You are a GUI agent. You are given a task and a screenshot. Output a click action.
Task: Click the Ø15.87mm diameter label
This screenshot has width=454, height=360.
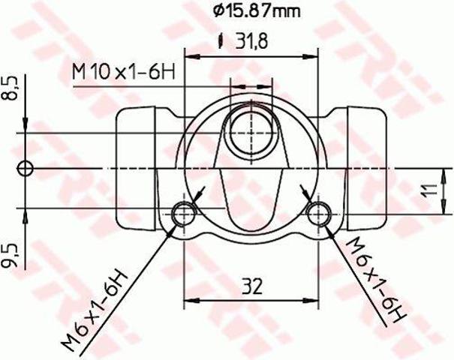(x=257, y=11)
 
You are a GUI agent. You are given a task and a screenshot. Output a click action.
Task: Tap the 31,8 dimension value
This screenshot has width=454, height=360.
(x=251, y=40)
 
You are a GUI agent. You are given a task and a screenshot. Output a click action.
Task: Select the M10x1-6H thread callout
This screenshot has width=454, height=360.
(x=124, y=72)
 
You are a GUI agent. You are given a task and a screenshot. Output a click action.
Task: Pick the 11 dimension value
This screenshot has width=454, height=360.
(x=430, y=190)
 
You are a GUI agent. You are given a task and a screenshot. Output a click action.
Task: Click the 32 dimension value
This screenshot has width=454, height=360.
(x=252, y=286)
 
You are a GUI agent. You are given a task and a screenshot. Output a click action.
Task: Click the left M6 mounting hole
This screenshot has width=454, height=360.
(x=184, y=214)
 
